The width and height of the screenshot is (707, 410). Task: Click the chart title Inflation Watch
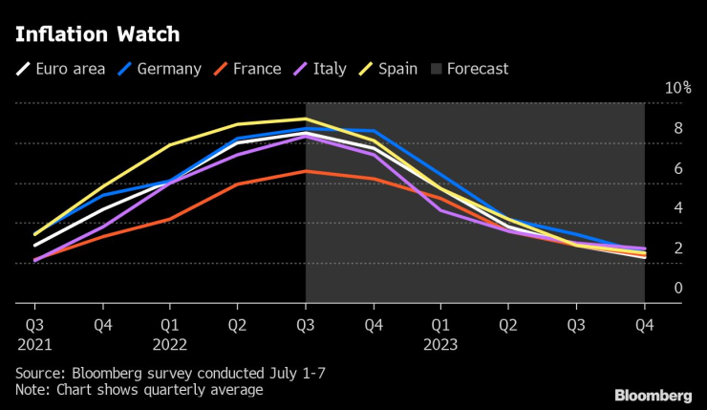click(x=96, y=34)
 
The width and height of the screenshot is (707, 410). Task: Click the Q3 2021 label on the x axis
click(x=34, y=334)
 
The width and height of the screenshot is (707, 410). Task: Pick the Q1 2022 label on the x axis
click(x=170, y=334)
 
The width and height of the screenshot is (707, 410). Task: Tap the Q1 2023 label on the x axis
click(x=440, y=334)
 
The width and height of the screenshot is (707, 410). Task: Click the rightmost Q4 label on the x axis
click(x=644, y=324)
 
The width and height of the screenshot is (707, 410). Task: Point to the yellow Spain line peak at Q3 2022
click(x=305, y=119)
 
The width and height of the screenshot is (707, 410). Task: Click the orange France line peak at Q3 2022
click(x=305, y=171)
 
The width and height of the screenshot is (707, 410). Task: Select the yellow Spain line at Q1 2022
click(x=170, y=145)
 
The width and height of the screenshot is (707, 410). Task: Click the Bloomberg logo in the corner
click(x=653, y=395)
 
